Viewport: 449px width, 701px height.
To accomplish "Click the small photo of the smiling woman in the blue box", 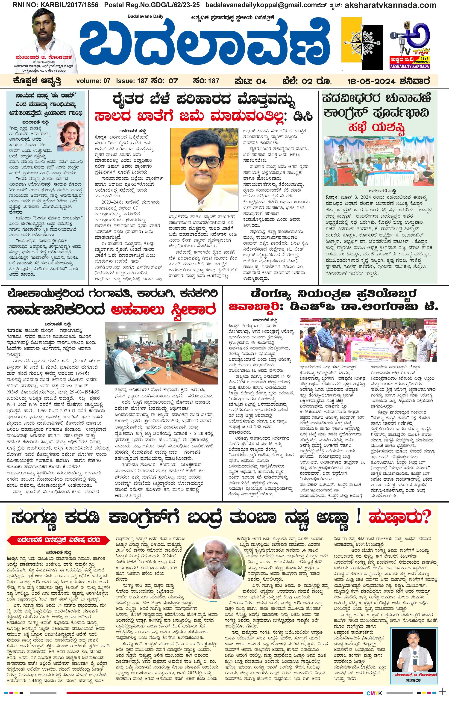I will [x=71, y=136].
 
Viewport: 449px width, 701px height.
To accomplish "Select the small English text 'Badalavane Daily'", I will [x=146, y=16].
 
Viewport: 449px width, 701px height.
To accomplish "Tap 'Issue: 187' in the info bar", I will [x=132, y=81].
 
